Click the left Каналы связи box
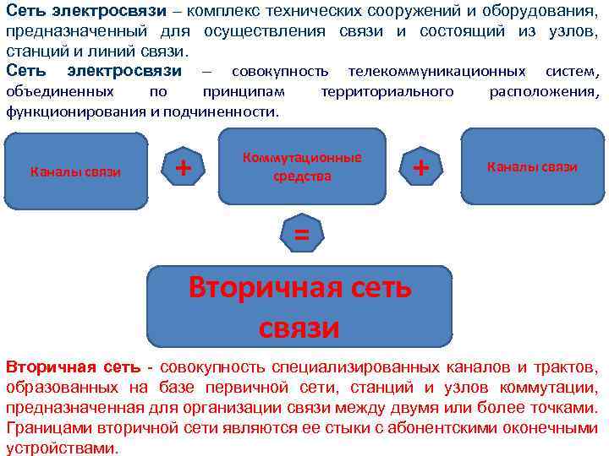coord(75,172)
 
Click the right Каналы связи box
coord(532,166)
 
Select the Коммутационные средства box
coord(302,166)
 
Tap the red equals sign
coord(301,236)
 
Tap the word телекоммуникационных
coord(422,70)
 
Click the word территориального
coord(387,91)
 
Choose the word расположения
coord(544,91)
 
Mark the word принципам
coord(244,91)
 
